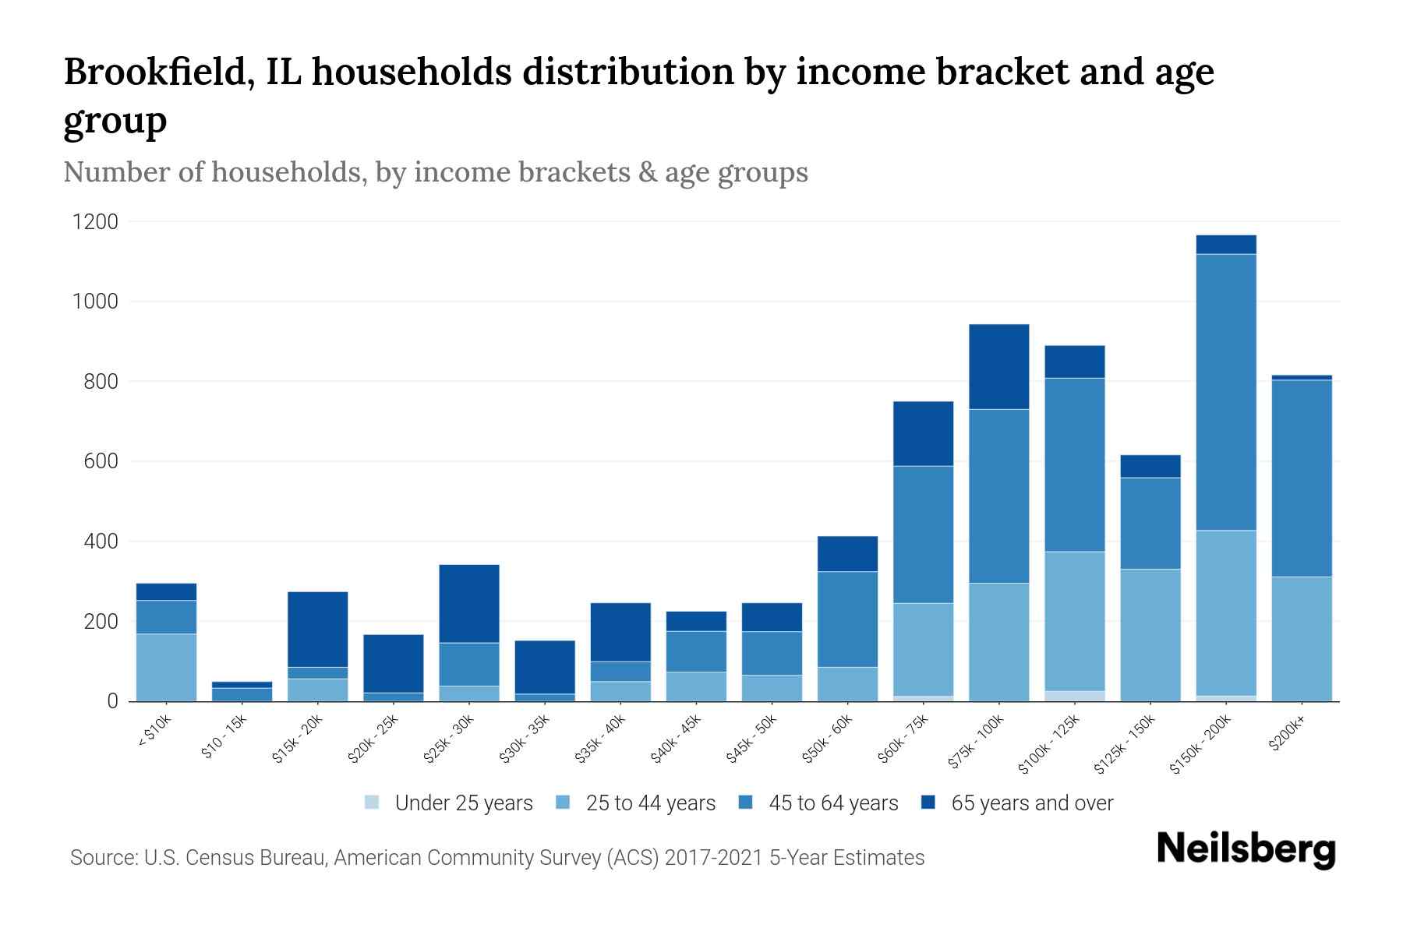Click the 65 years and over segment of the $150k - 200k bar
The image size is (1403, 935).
click(x=1226, y=245)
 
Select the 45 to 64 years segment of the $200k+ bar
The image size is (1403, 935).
click(x=1302, y=478)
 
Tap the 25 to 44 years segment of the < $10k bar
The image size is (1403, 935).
click(x=166, y=668)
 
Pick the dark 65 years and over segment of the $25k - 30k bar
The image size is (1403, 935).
click(x=469, y=603)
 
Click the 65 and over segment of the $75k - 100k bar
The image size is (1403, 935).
click(x=998, y=366)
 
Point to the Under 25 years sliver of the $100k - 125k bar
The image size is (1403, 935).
click(x=1075, y=696)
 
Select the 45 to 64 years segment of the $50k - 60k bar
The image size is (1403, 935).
click(x=847, y=619)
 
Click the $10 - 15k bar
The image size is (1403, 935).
click(x=242, y=692)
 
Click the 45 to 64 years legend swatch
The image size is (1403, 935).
click(x=746, y=803)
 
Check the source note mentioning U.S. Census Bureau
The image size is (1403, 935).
click(x=497, y=858)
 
